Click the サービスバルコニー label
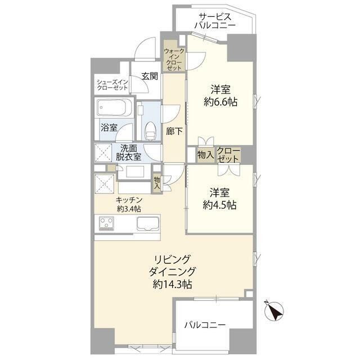coord(215,21)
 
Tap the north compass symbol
coord(275,311)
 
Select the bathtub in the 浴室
coord(114,108)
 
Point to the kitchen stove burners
coord(106,224)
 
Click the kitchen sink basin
coord(147,223)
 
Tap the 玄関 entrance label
coord(149,76)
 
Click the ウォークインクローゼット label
coord(173,59)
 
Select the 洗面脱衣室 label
coord(129,154)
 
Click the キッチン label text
coord(129,200)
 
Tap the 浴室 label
coord(109,128)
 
